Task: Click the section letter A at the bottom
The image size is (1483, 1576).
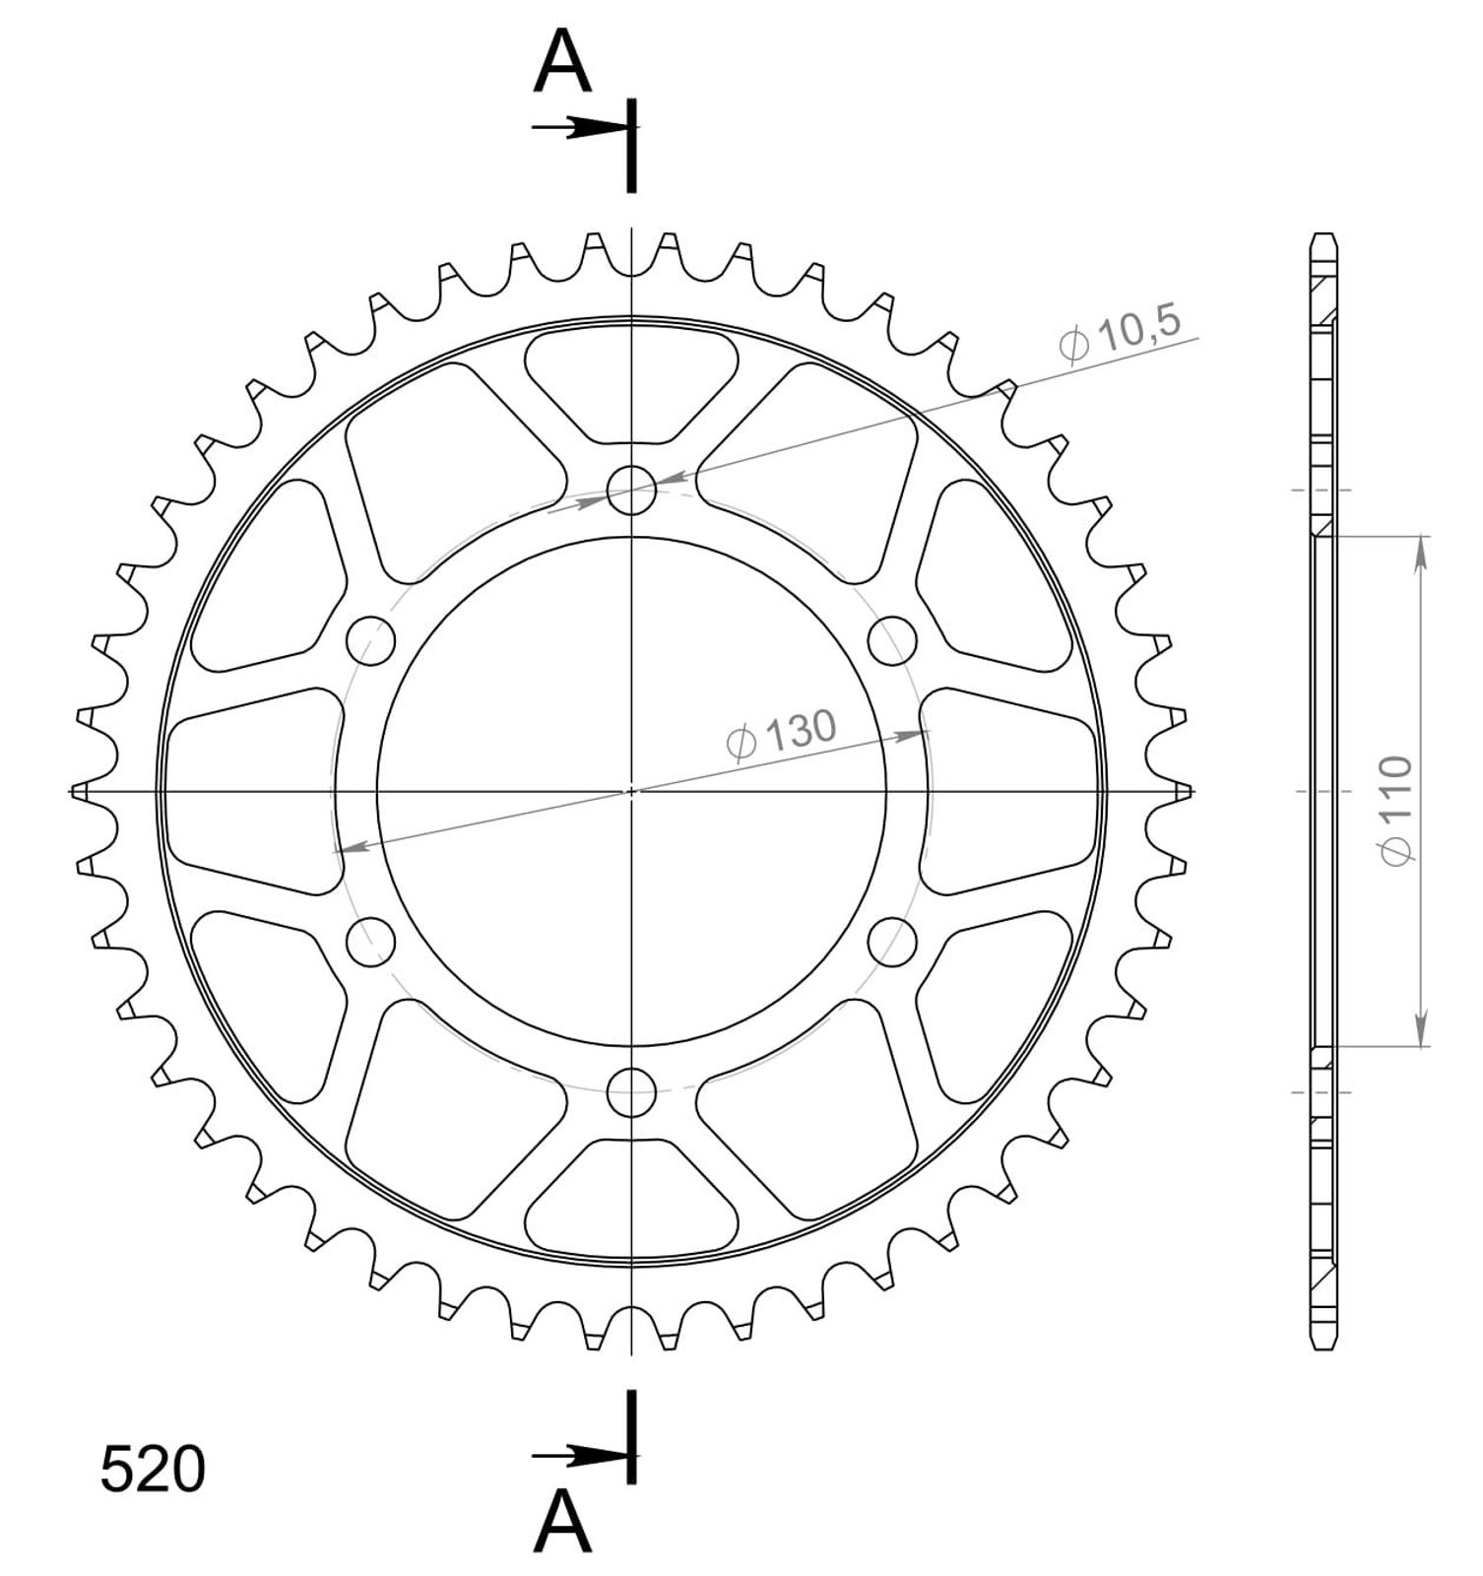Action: [x=562, y=1522]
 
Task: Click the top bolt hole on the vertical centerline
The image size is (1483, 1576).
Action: [x=631, y=490]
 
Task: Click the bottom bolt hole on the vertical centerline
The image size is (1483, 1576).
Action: [x=631, y=1091]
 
